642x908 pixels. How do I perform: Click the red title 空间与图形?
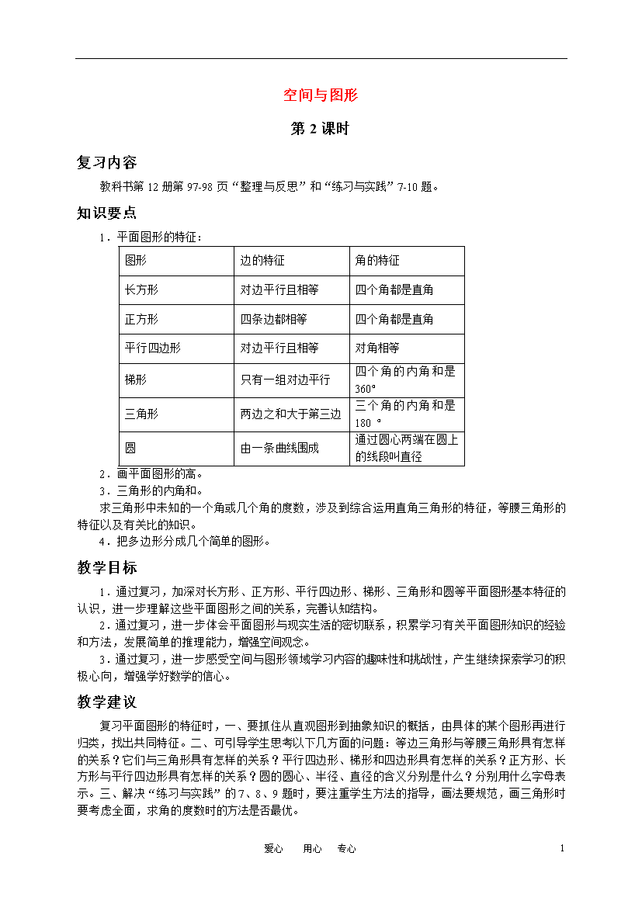320,95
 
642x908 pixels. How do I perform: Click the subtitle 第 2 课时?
320,129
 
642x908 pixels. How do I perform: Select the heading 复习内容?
107,162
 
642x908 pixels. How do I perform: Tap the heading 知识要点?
107,213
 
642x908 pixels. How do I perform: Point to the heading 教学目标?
107,567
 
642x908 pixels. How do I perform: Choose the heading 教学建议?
107,702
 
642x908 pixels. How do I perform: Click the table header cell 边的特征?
262,261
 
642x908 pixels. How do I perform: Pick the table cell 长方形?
141,290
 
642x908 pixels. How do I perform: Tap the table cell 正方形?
141,319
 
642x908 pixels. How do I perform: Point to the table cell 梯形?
136,379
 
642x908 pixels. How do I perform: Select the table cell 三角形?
141,414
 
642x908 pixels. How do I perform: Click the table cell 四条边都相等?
274,319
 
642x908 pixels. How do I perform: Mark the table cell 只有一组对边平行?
285,379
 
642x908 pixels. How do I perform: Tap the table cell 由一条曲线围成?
279,448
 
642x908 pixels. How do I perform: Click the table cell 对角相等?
377,348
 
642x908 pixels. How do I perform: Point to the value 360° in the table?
366,388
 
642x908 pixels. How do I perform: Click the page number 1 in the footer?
561,848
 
